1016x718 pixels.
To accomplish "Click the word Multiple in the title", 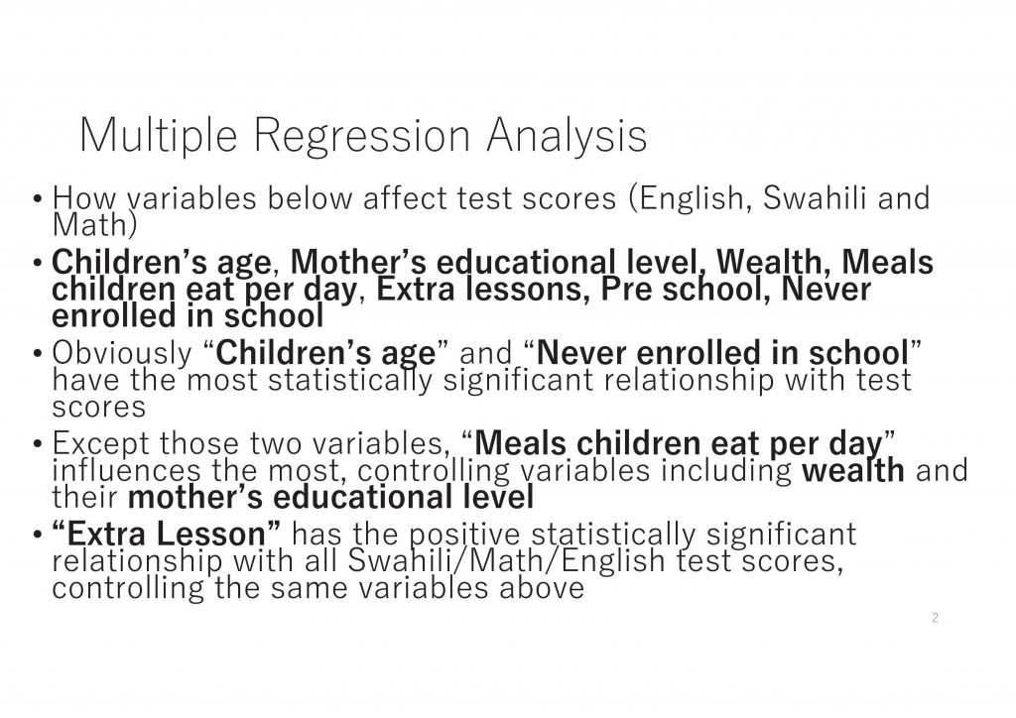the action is (x=159, y=135).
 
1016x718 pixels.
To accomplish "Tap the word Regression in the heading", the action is (x=361, y=136).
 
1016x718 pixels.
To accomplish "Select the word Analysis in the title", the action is (x=567, y=135).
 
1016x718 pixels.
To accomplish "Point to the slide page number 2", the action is (x=935, y=618).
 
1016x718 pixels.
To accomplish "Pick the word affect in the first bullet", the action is (x=405, y=197).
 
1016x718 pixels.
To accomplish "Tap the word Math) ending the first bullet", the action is (x=94, y=225).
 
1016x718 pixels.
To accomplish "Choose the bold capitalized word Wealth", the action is (x=770, y=262).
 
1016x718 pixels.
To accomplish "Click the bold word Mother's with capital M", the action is (x=358, y=262).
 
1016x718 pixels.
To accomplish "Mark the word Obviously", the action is (x=122, y=353).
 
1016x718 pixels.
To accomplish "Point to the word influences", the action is (x=126, y=471).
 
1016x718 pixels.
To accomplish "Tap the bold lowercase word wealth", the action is (x=852, y=470).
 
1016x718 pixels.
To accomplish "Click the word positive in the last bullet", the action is (x=464, y=536).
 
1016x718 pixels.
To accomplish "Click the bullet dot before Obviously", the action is (x=37, y=353).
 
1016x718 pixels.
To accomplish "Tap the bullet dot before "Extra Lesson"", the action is (x=37, y=535).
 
